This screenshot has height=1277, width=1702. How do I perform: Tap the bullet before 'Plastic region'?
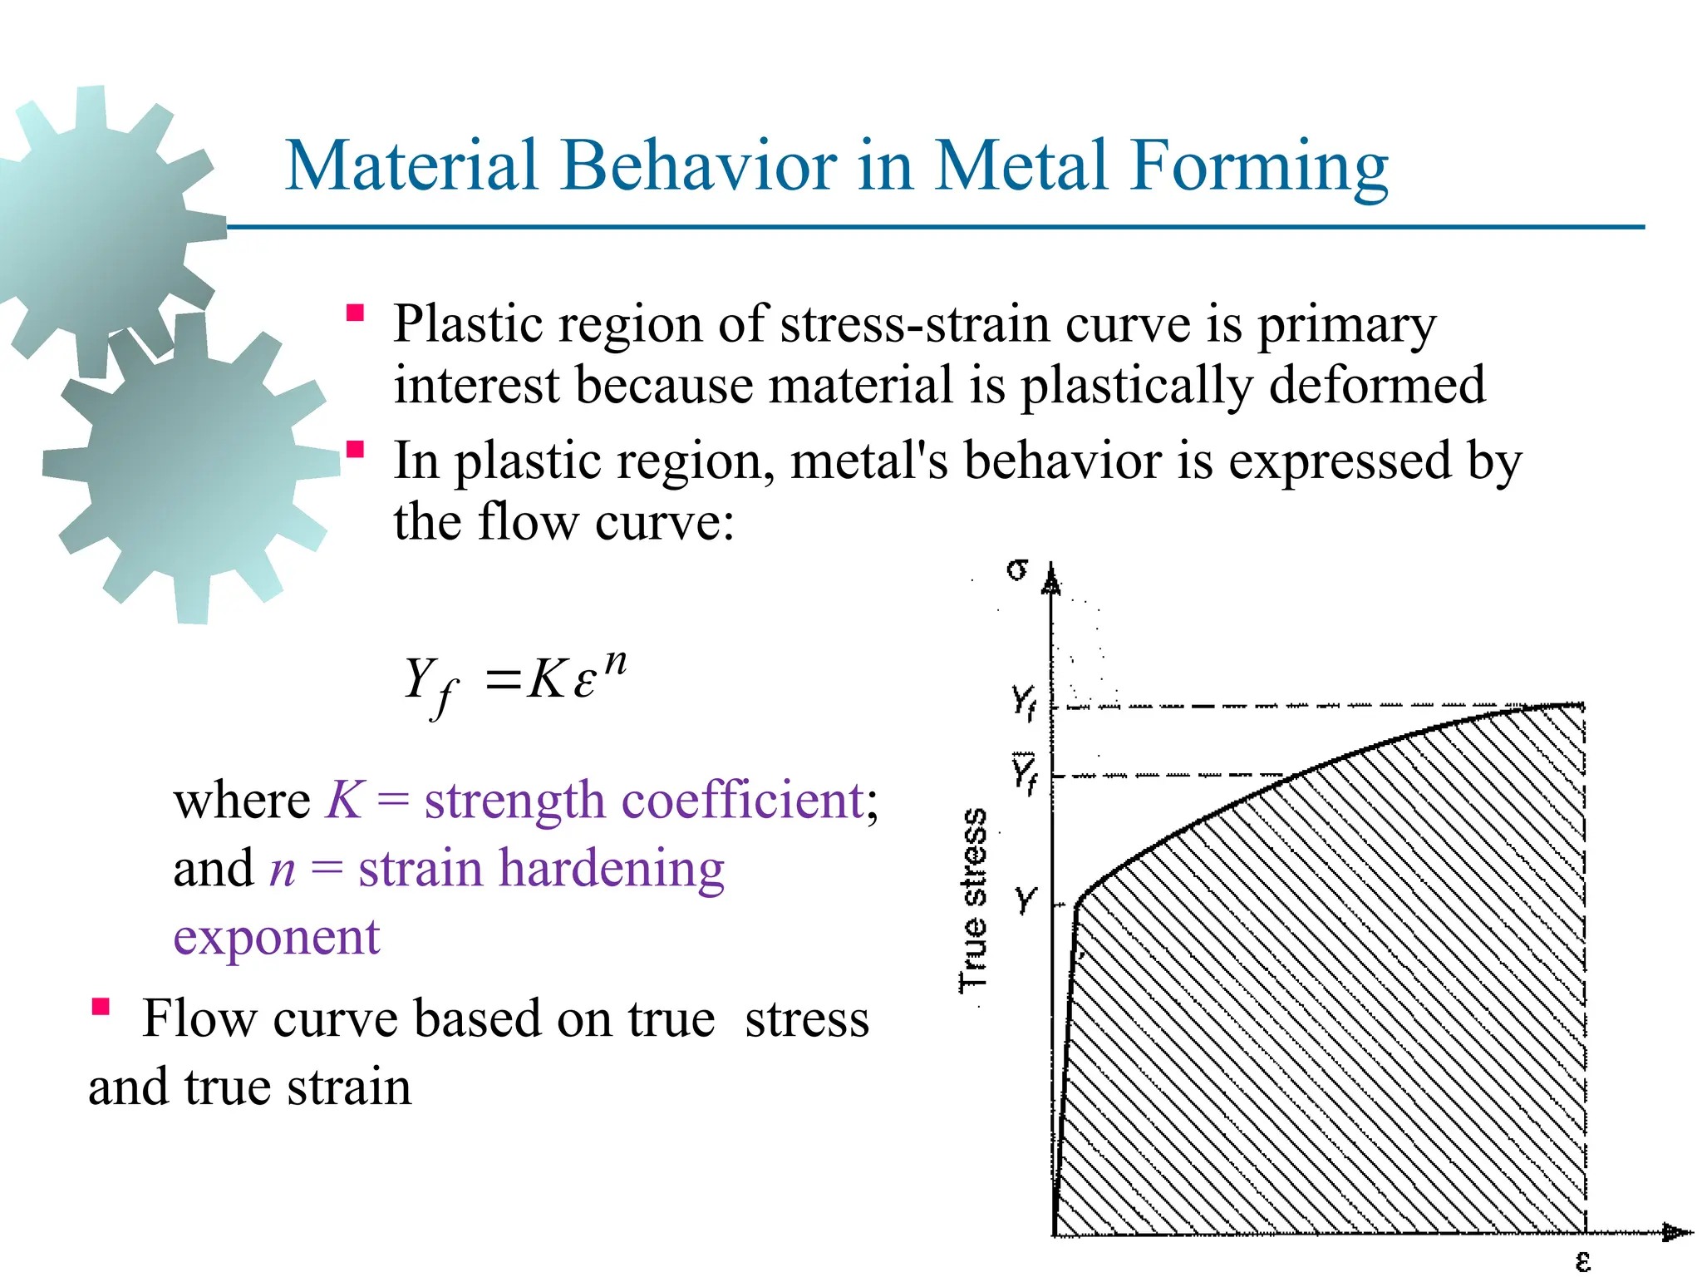click(356, 313)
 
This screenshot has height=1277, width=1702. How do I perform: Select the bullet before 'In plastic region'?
click(356, 451)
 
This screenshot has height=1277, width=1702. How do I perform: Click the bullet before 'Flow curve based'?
click(101, 1008)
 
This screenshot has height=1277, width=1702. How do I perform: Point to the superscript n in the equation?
click(615, 662)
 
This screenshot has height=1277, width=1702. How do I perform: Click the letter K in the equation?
click(547, 679)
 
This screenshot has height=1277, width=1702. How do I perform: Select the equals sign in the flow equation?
click(503, 680)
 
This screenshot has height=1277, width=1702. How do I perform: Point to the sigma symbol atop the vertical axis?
click(1017, 569)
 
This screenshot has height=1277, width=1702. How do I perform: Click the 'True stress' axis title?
click(974, 900)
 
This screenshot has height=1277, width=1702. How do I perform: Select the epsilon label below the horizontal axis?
click(1582, 1262)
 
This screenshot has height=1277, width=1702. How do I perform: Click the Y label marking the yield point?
click(1026, 900)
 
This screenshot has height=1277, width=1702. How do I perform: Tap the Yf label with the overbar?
click(1024, 774)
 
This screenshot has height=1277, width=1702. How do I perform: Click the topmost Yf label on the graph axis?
click(1024, 701)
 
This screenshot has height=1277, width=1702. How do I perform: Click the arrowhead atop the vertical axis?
click(1051, 579)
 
